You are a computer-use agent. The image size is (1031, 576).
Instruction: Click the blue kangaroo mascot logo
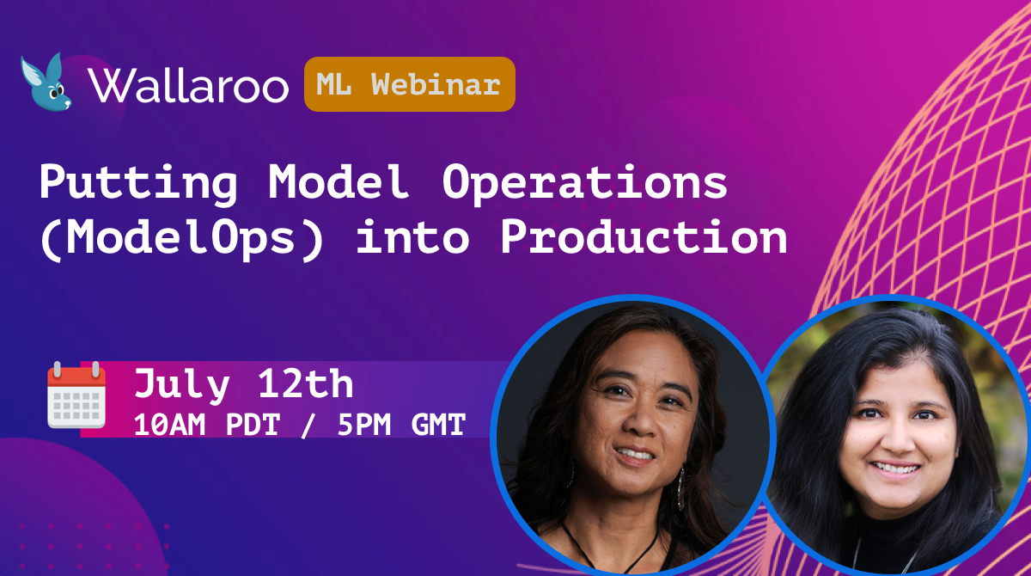coord(46,82)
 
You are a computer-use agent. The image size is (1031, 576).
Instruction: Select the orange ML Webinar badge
coord(409,84)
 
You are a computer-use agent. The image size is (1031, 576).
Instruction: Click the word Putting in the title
coord(138,183)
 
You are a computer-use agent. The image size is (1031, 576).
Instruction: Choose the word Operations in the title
coord(584,183)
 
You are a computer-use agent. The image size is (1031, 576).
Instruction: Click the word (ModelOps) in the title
coord(182,238)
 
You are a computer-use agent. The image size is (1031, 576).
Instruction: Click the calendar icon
coord(76,395)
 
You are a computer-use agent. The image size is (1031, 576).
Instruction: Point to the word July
coord(182,385)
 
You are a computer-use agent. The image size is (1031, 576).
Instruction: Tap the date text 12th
coord(306,383)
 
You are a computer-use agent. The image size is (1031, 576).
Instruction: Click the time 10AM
coord(169,424)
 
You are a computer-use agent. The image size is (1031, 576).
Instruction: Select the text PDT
coord(253,424)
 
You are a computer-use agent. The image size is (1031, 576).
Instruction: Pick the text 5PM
coord(364,424)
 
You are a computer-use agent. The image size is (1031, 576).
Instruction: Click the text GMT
coord(438,424)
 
